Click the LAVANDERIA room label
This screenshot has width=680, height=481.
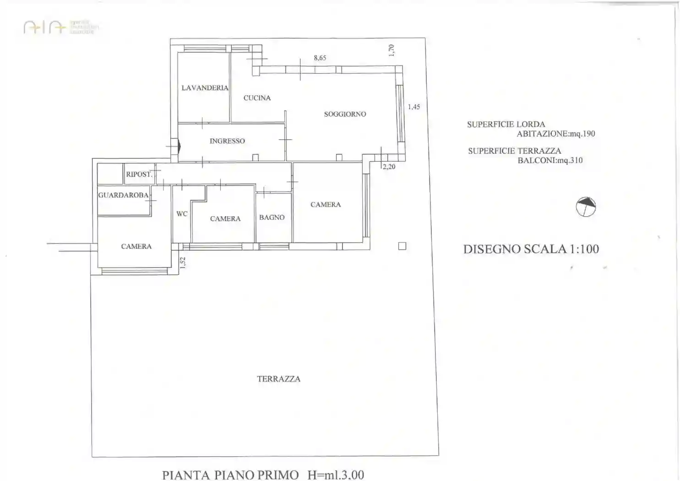205,87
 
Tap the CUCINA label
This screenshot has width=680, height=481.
257,98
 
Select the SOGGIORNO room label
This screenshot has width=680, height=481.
345,114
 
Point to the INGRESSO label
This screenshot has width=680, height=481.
227,141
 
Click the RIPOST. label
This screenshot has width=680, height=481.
139,174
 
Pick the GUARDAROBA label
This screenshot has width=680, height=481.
123,195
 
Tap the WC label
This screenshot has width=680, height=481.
182,214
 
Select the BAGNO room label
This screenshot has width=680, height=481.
272,218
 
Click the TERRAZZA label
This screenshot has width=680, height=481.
278,379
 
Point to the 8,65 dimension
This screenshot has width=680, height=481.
320,58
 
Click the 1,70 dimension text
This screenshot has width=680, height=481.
391,50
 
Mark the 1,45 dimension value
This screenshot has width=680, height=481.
414,107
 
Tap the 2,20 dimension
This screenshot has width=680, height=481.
389,167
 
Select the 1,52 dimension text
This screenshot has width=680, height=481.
183,262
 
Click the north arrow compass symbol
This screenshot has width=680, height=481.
586,207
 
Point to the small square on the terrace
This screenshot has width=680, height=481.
402,246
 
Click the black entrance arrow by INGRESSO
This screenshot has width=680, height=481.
179,147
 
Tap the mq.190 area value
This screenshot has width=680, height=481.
582,134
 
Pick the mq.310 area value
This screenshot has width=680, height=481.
569,160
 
